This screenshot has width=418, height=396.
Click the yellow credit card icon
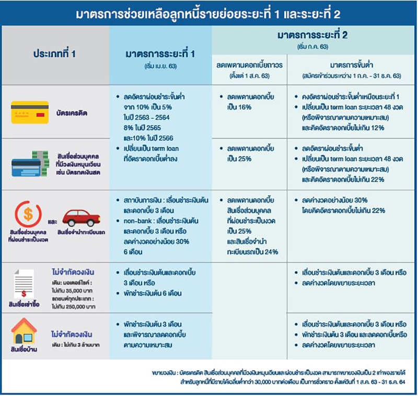(x=30, y=111)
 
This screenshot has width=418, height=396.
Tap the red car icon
(x=81, y=217)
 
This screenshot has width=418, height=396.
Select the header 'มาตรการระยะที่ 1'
(x=160, y=54)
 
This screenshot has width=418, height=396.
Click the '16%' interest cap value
(x=241, y=107)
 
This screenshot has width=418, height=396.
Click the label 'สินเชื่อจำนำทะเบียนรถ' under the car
(x=80, y=232)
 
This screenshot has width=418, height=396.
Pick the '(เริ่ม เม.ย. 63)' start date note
(x=160, y=67)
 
